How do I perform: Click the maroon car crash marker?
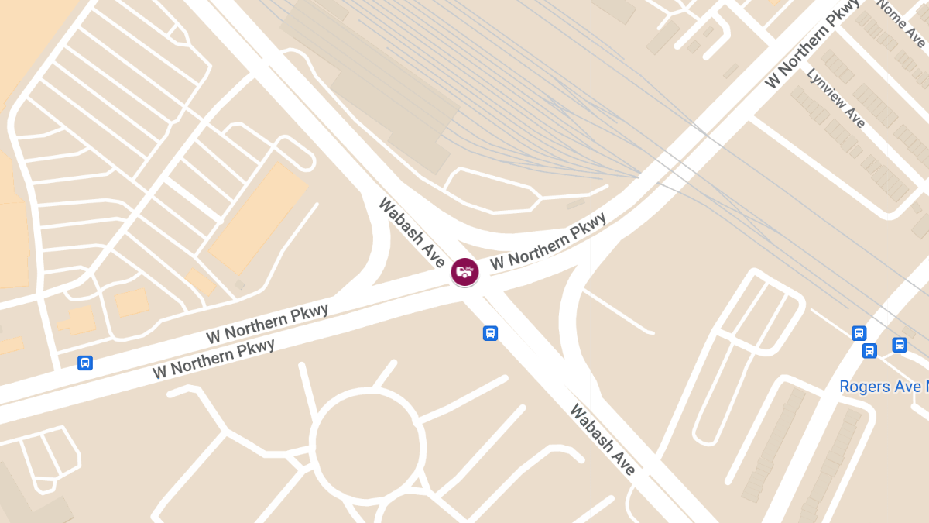pos(465,272)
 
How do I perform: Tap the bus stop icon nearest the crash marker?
pos(490,333)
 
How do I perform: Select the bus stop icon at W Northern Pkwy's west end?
pos(85,363)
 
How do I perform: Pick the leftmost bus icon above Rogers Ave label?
pos(859,333)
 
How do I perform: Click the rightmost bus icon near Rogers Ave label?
pos(900,345)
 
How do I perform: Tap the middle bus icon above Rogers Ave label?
pos(869,350)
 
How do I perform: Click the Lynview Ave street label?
pos(836,98)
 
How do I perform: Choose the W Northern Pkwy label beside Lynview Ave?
pos(812,43)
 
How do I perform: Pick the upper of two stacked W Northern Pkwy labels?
pos(267,324)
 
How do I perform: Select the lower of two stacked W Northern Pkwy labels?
pos(214,359)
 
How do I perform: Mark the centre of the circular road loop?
pos(368,445)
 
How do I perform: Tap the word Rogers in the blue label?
pos(865,386)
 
